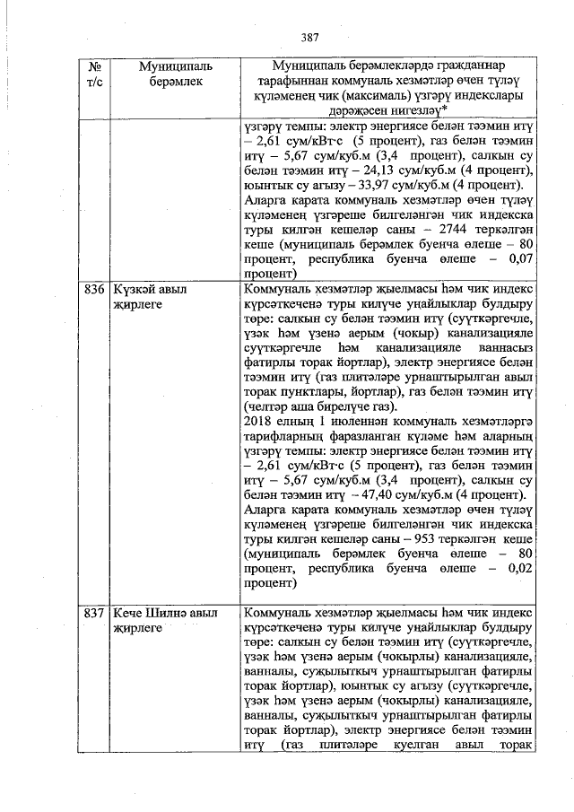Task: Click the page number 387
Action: pos(310,37)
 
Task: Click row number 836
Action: pos(94,292)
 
